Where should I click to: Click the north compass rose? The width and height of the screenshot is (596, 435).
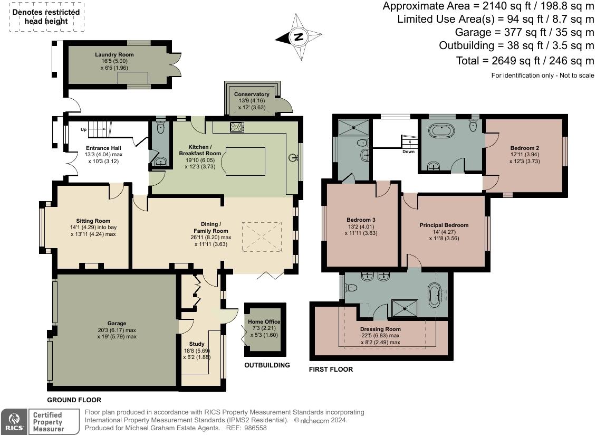(x=299, y=37)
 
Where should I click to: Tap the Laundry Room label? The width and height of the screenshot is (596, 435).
(x=114, y=54)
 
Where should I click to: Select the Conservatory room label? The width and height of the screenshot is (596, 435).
(x=252, y=94)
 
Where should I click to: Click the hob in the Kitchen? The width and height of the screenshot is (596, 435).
(x=237, y=127)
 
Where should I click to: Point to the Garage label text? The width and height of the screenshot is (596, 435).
(x=117, y=323)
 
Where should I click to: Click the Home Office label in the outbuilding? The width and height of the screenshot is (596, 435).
(x=264, y=321)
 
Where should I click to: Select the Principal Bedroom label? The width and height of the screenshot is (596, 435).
(x=444, y=225)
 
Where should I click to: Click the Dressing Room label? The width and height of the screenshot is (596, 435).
(x=380, y=329)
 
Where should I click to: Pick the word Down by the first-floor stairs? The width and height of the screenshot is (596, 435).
(x=409, y=152)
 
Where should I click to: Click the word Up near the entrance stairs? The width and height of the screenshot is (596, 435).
(x=84, y=129)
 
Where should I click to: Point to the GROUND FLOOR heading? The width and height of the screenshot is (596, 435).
(x=74, y=400)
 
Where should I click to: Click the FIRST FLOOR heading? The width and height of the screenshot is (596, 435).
(x=331, y=369)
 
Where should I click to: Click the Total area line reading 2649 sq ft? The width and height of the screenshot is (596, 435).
(x=525, y=61)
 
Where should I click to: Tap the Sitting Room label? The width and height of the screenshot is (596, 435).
(x=93, y=221)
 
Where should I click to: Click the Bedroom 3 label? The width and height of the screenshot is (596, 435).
(x=361, y=220)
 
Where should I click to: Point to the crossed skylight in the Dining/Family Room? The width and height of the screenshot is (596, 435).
(x=262, y=237)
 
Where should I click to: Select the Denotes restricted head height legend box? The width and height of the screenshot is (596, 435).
(x=46, y=17)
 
